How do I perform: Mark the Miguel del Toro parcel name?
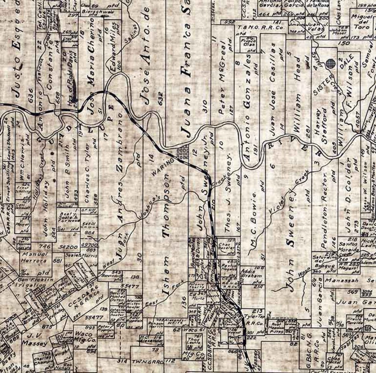coord(360,22)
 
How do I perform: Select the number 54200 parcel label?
coord(68,247)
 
